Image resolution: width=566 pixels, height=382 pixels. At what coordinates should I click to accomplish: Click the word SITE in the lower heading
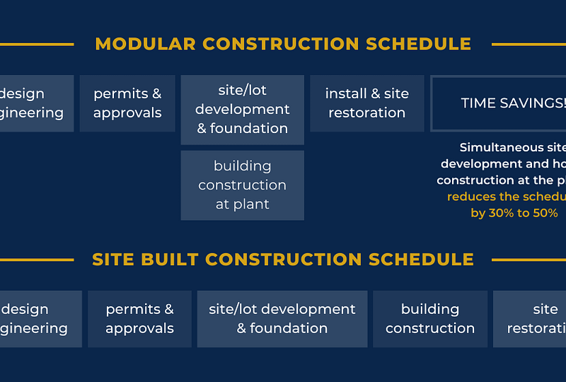pos(113,260)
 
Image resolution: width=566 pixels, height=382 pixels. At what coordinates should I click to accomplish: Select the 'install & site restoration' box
pos(366,103)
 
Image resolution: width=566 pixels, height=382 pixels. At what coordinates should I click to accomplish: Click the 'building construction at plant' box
pos(242,185)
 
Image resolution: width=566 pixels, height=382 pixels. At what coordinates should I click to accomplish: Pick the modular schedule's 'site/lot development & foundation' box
pos(242,110)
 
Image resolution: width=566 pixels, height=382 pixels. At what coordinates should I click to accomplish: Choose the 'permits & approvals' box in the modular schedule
pos(127,103)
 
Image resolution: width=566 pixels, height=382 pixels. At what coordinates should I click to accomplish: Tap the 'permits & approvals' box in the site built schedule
pos(139,319)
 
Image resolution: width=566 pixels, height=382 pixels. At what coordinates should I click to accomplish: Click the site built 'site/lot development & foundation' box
pos(282,319)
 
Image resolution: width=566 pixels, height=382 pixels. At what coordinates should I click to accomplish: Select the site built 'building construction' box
pos(430,319)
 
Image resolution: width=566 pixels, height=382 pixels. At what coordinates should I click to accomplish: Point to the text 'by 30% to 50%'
pos(514,213)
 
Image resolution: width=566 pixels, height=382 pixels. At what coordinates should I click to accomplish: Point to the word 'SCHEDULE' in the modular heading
pos(418,44)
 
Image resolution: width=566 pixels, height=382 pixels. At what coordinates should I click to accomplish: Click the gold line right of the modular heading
pos(528,45)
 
